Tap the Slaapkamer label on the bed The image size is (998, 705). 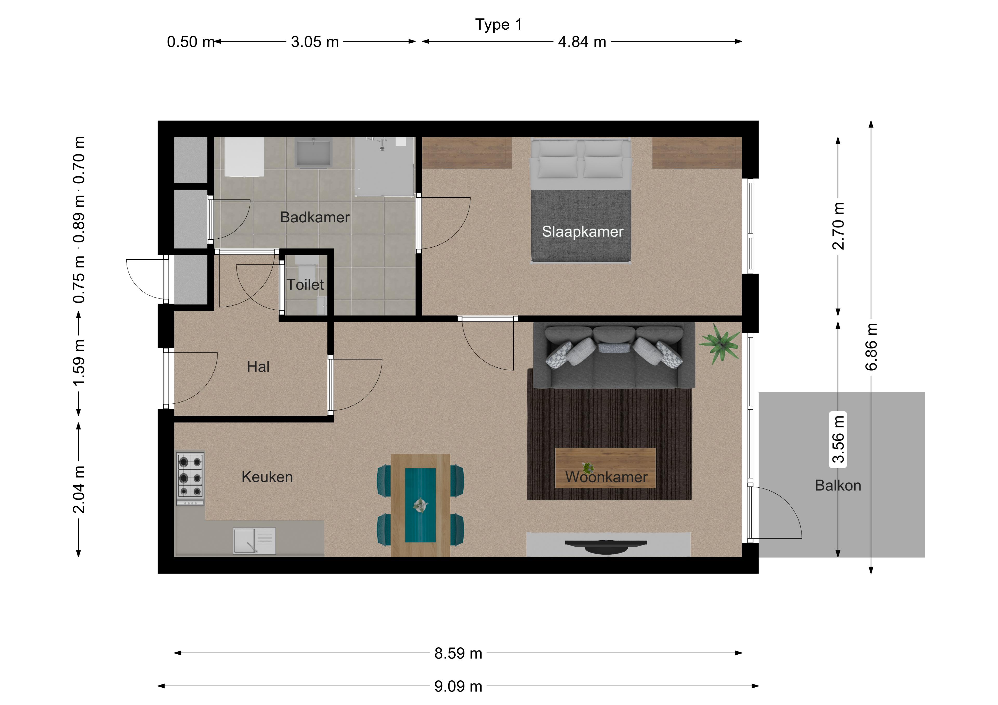click(582, 232)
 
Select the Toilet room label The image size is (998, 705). click(305, 285)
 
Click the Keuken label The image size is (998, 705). click(267, 477)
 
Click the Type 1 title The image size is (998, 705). click(498, 25)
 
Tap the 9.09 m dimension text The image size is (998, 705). click(458, 686)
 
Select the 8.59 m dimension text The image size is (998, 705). click(458, 653)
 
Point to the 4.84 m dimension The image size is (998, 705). click(582, 42)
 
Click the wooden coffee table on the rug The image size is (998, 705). click(606, 468)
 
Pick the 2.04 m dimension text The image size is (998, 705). click(79, 489)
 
